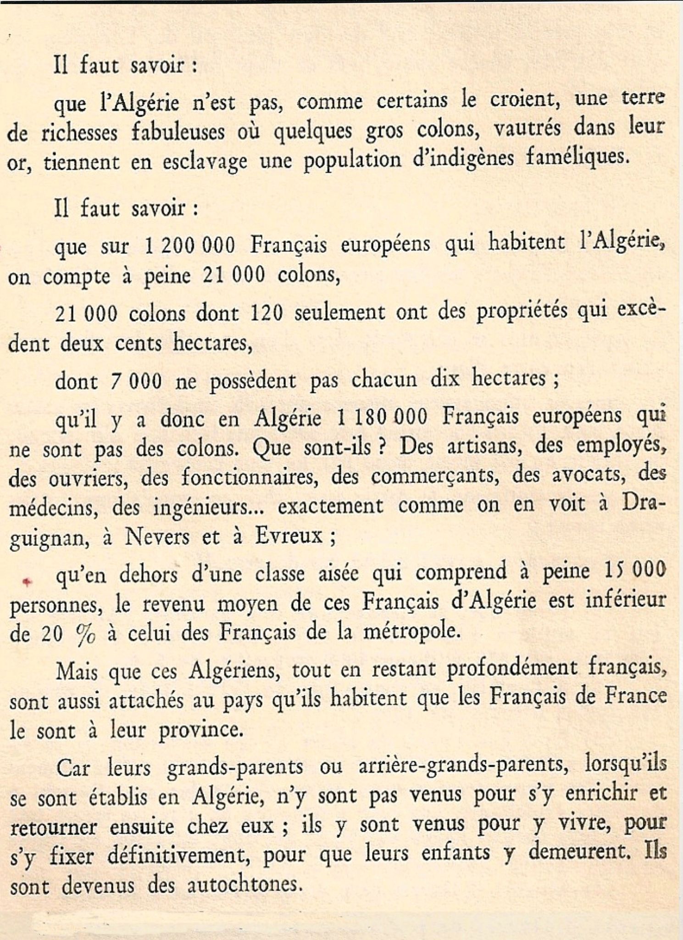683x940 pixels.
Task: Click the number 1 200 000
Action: click(189, 246)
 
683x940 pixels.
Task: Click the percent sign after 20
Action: click(86, 635)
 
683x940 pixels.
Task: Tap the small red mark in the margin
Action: click(28, 582)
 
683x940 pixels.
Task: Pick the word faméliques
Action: click(576, 158)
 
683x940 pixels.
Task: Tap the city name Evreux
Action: click(289, 536)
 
